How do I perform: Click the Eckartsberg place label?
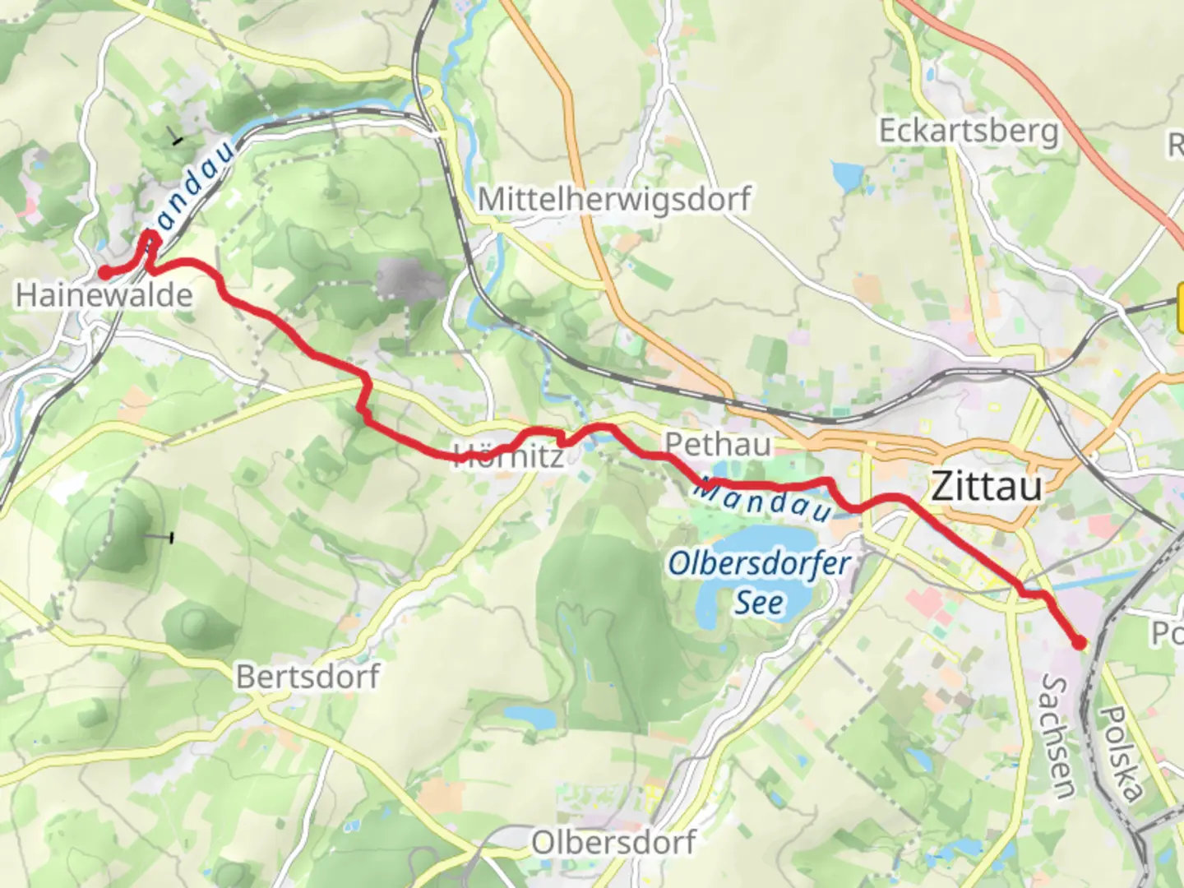969,131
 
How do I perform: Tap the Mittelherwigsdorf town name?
614,199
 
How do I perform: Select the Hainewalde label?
104,295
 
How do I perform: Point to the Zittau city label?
987,486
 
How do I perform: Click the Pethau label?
718,444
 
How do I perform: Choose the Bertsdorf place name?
308,677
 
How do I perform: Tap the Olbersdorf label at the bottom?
613,842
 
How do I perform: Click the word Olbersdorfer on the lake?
758,564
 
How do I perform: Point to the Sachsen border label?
1057,736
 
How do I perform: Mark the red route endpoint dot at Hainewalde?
105,273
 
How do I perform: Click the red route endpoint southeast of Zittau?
1079,643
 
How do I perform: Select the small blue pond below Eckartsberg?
847,175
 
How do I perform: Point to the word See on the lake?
758,602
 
